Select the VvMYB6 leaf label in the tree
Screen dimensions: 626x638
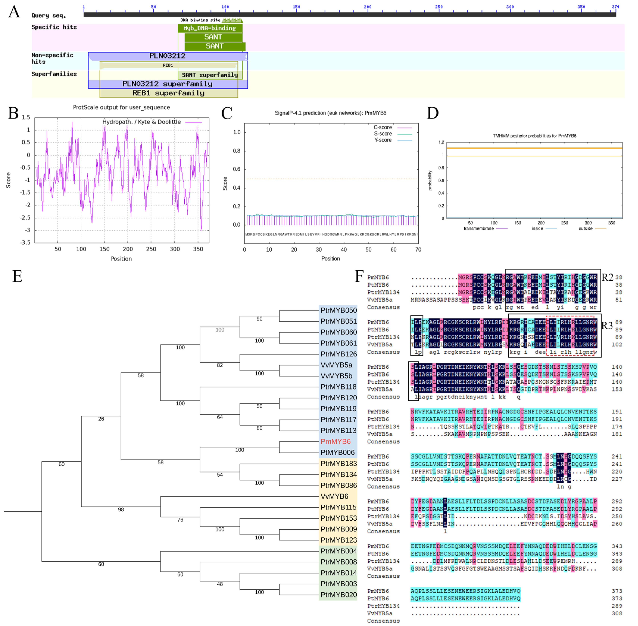(334, 496)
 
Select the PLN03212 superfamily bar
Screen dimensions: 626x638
(168, 84)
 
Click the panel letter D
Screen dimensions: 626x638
(432, 113)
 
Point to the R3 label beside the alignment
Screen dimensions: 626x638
(607, 325)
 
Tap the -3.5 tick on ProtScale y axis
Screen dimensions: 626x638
(26, 242)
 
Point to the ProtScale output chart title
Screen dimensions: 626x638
(121, 107)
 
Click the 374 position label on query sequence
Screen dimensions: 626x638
(615, 7)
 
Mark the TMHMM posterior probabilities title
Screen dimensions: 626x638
(534, 136)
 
